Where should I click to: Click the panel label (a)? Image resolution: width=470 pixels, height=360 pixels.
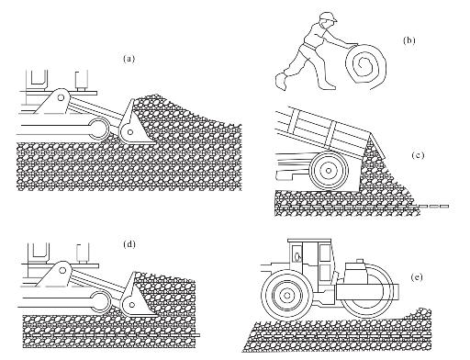coord(129,59)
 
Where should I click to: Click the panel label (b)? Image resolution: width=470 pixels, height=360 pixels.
coord(409,40)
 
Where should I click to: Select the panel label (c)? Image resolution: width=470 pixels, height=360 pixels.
coord(418,155)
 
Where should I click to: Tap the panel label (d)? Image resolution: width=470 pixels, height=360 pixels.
coord(129,244)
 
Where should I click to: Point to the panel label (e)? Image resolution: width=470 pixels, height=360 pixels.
coord(417,277)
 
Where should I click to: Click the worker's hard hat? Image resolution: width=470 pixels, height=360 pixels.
coord(328,17)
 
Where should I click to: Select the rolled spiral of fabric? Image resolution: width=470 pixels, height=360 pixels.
coord(365,65)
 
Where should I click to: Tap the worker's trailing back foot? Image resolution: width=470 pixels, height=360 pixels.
coord(281,81)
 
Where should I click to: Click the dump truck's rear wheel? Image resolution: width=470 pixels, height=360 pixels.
coord(329,170)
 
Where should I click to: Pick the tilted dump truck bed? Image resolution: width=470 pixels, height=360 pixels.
coord(323,131)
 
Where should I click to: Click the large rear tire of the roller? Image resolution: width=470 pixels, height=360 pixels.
coord(286,296)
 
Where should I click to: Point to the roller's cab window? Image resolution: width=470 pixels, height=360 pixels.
coord(324,253)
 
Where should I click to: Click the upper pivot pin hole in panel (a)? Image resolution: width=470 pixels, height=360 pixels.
coord(61,97)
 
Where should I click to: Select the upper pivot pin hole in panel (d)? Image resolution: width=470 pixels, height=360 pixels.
coord(62,270)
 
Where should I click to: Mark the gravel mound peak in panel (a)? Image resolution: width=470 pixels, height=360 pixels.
coord(157,95)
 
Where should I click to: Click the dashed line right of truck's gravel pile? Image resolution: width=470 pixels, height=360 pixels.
coord(434,206)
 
